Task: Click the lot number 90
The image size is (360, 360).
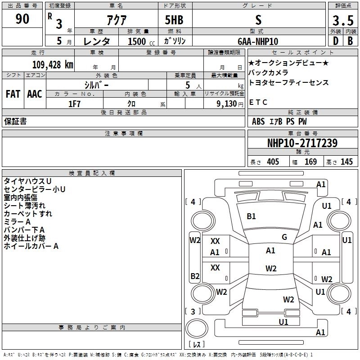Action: (x=22, y=19)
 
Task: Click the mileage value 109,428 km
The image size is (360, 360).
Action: (x=52, y=65)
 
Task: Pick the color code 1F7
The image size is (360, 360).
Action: (x=74, y=103)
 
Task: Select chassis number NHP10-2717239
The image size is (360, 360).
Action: (x=302, y=143)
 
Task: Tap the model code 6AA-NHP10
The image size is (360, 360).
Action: (x=258, y=41)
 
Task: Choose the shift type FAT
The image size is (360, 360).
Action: (x=13, y=94)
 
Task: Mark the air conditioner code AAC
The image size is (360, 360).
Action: (x=35, y=94)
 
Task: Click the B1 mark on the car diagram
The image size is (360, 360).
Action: (x=251, y=216)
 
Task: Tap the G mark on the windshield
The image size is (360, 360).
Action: (x=284, y=237)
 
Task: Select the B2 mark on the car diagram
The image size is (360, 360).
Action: (x=195, y=276)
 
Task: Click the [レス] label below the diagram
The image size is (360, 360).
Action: (x=197, y=345)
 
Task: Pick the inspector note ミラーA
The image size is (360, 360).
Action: (x=17, y=222)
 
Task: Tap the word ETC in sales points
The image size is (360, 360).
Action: (x=258, y=102)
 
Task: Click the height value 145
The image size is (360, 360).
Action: (x=346, y=162)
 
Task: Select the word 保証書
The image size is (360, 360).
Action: (x=15, y=121)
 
